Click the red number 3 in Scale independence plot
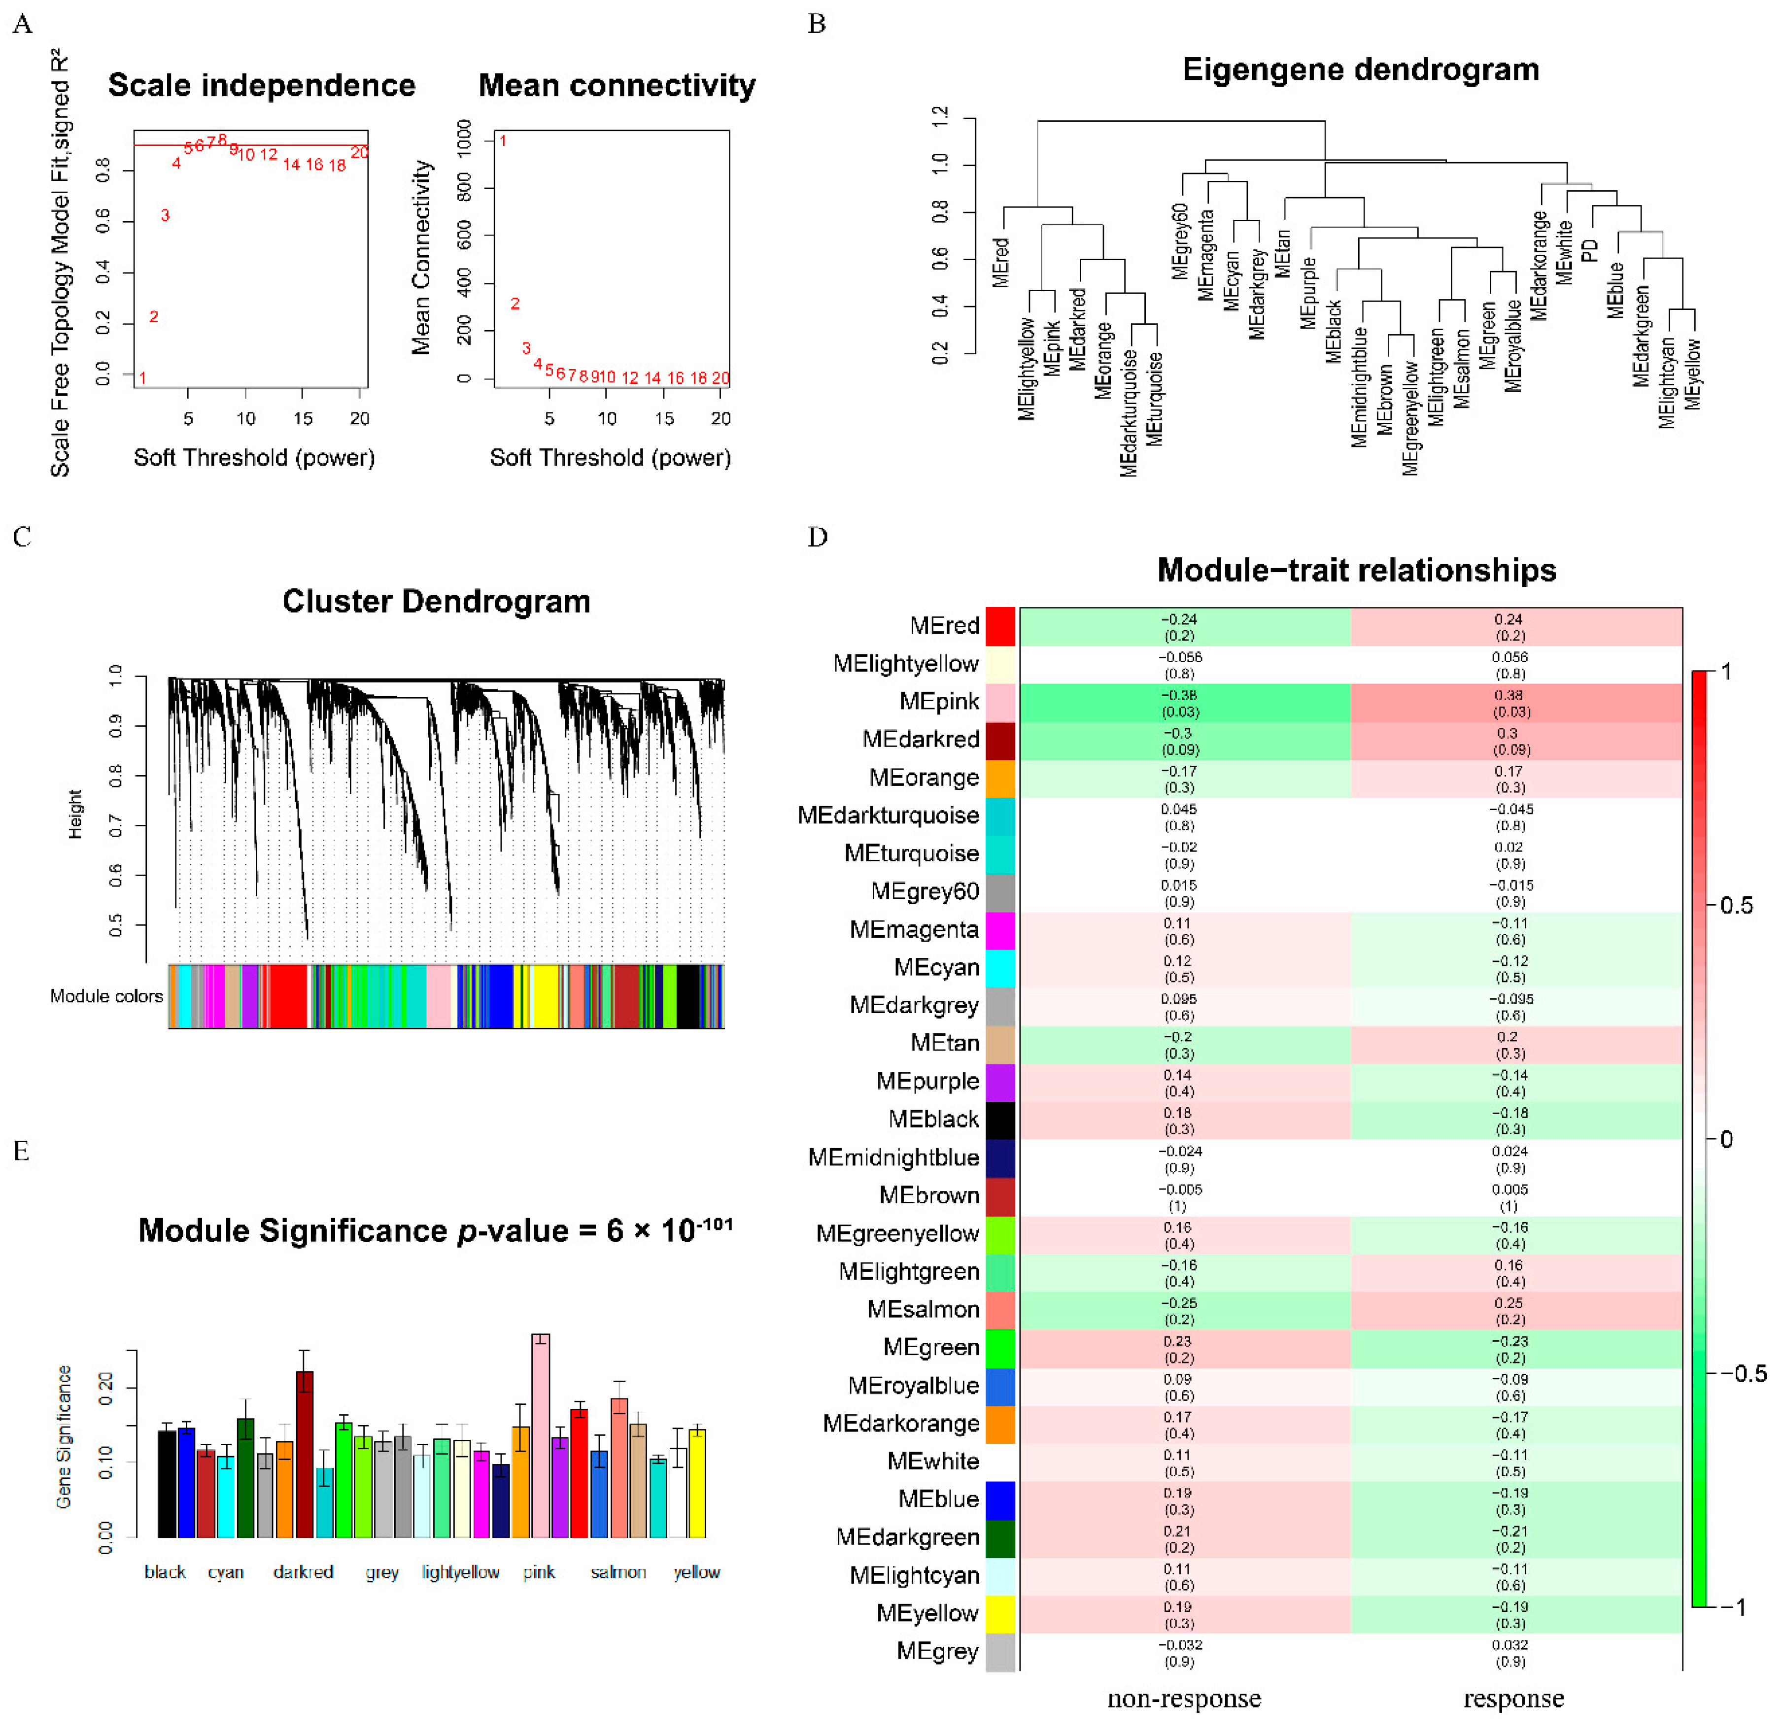(165, 216)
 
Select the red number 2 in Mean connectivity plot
(515, 304)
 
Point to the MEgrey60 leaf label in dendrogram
(1180, 240)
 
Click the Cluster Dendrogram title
(436, 601)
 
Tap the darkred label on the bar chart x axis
(303, 1572)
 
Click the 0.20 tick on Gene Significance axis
(105, 1388)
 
